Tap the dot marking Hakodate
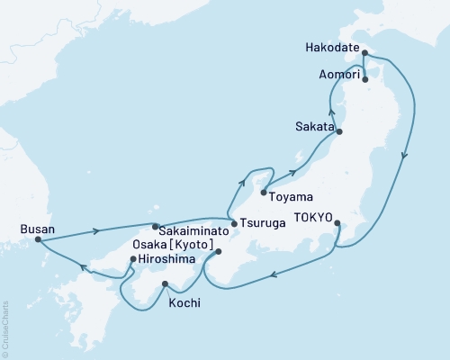click(x=364, y=54)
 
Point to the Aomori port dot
click(x=364, y=79)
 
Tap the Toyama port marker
click(x=263, y=193)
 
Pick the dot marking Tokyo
click(x=337, y=222)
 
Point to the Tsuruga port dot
click(x=232, y=223)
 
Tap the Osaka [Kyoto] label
click(x=172, y=245)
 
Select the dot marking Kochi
click(x=164, y=285)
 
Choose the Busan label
click(x=34, y=229)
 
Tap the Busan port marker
click(x=37, y=240)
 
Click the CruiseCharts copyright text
click(x=5, y=328)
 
